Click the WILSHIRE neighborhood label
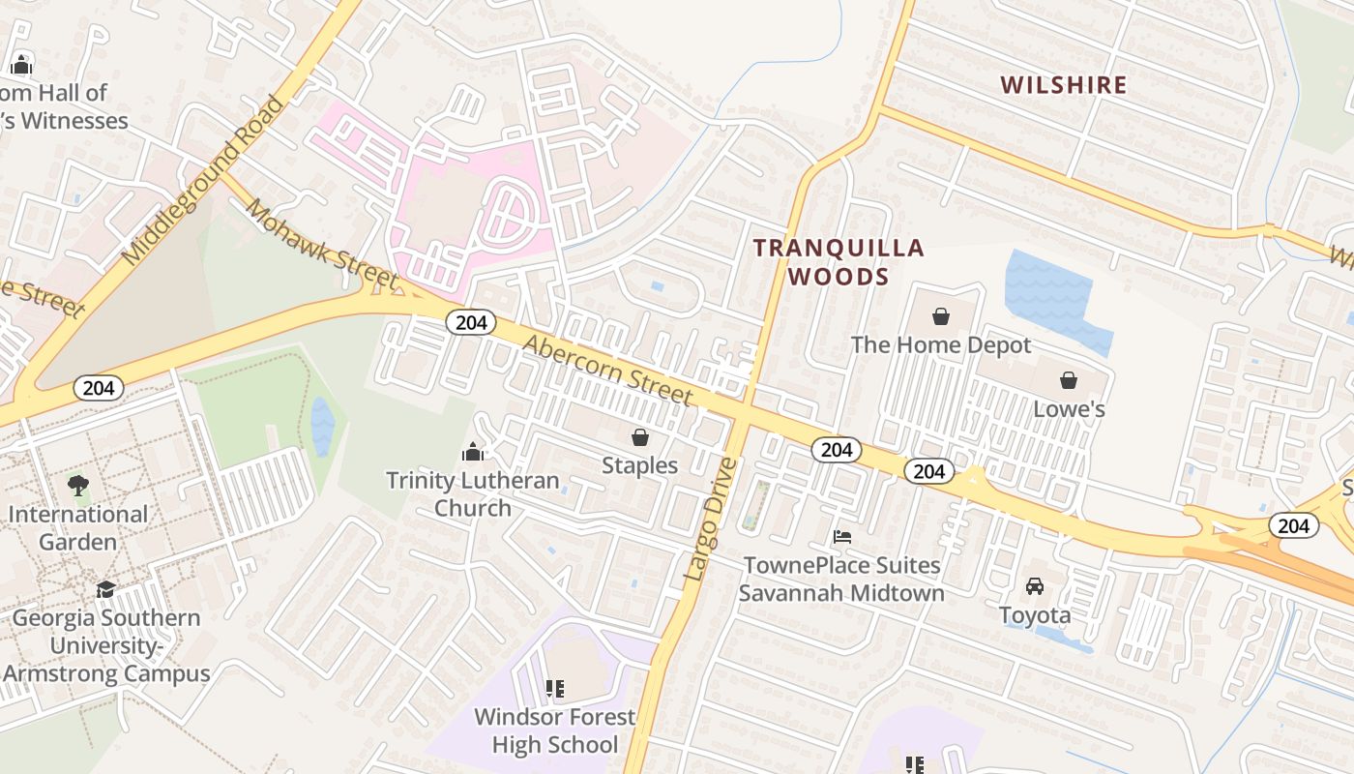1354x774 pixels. (x=1064, y=85)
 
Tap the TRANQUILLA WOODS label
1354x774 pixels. (x=839, y=262)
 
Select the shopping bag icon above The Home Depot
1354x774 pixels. (x=941, y=316)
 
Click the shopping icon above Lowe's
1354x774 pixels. (x=1069, y=380)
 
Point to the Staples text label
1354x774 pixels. (x=640, y=465)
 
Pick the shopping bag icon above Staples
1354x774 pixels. (x=640, y=437)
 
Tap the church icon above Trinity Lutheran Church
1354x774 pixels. (x=473, y=452)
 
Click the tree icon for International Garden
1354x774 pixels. (x=78, y=485)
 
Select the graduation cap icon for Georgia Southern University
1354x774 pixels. (x=105, y=589)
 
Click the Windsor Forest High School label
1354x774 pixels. (x=554, y=730)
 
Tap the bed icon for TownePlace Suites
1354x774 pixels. (x=842, y=536)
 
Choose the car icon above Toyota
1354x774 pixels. (x=1035, y=586)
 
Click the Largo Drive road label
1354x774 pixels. (x=711, y=520)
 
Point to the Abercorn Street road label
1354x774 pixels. (x=608, y=370)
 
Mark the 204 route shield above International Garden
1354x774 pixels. (x=99, y=388)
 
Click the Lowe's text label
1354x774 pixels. (x=1069, y=409)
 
